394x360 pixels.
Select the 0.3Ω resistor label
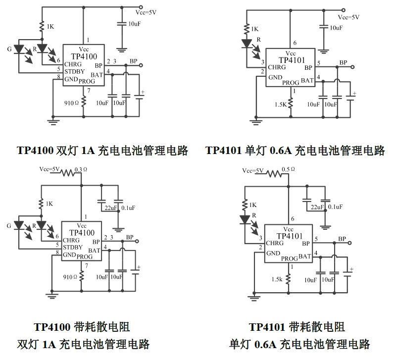[x=81, y=169]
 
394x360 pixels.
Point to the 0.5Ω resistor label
[x=288, y=169]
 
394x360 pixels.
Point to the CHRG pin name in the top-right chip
[x=276, y=67]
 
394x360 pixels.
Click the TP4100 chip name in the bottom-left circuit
[x=82, y=232]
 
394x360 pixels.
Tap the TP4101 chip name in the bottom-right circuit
[x=289, y=236]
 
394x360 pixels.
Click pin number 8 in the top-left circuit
[x=58, y=77]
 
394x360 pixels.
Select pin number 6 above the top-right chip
[x=295, y=43]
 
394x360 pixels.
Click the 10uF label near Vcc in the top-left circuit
[x=135, y=24]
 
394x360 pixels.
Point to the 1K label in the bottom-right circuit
[x=253, y=205]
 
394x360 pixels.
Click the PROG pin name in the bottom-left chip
[x=85, y=257]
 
